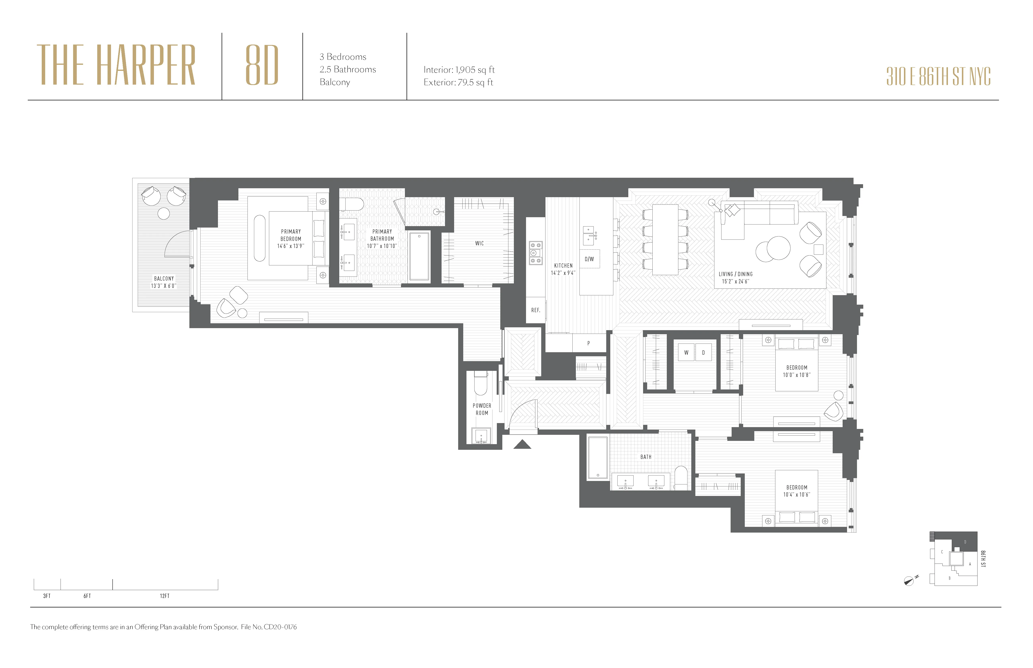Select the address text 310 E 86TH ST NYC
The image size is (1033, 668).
coord(938,77)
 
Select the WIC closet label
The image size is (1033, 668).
coord(479,243)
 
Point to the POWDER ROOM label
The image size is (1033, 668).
coord(482,409)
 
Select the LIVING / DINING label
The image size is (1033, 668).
coord(735,278)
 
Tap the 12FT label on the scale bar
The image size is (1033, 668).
coord(164,596)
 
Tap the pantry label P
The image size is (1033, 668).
coord(589,343)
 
